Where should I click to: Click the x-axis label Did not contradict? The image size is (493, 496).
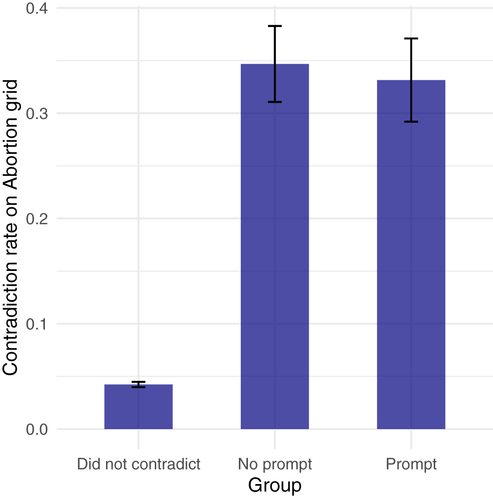coord(139,464)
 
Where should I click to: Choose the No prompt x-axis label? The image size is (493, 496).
coord(275,464)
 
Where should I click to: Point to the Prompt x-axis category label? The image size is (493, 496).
coord(411,464)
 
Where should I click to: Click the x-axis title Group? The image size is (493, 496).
coord(275,485)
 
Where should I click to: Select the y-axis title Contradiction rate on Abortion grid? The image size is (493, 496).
coord(11,227)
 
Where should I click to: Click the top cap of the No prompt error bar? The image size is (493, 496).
coord(275,26)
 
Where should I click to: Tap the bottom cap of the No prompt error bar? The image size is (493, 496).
coord(275,102)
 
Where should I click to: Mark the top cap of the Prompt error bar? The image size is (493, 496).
coord(411,38)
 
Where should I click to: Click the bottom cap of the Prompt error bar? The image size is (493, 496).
coord(411,122)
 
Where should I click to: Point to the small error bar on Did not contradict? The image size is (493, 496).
coord(139,384)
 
